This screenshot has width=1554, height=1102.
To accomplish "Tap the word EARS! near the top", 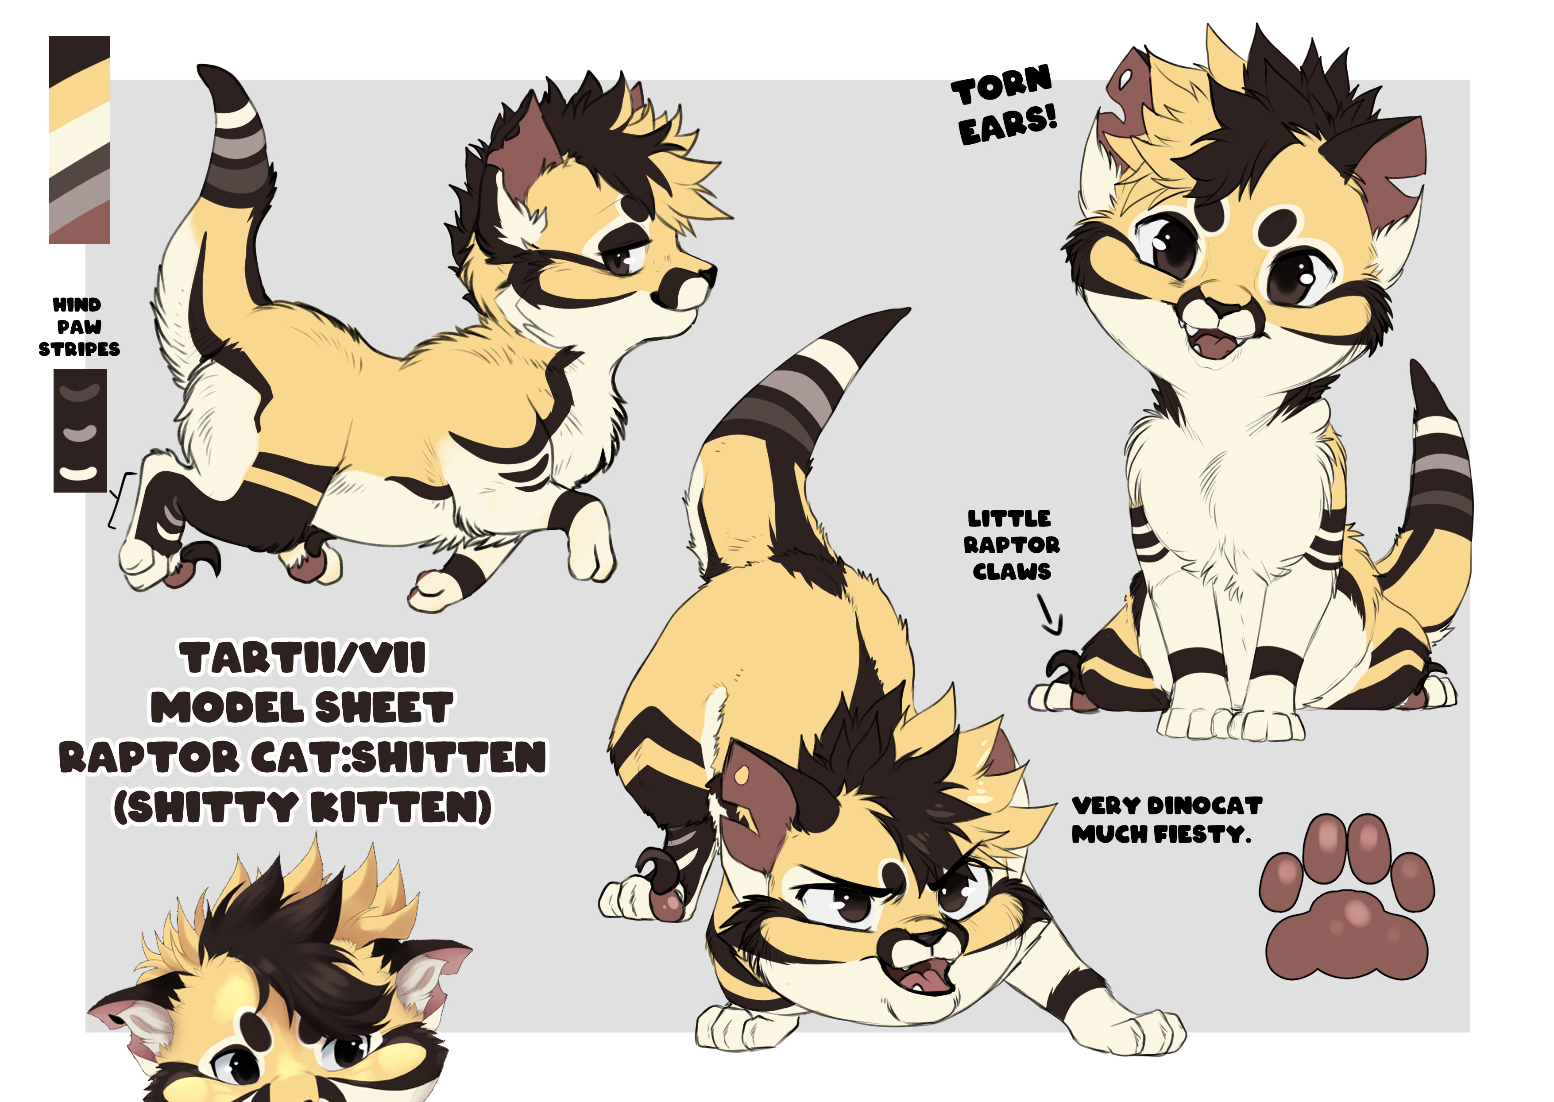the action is point(1008,125).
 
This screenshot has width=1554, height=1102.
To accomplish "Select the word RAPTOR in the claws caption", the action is point(1012,545).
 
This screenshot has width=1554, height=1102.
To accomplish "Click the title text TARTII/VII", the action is point(303,658).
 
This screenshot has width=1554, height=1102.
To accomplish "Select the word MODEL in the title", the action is point(228,707).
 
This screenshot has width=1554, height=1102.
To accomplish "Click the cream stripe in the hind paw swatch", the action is point(79,472).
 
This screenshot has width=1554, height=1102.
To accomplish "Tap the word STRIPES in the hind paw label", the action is point(79,350).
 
